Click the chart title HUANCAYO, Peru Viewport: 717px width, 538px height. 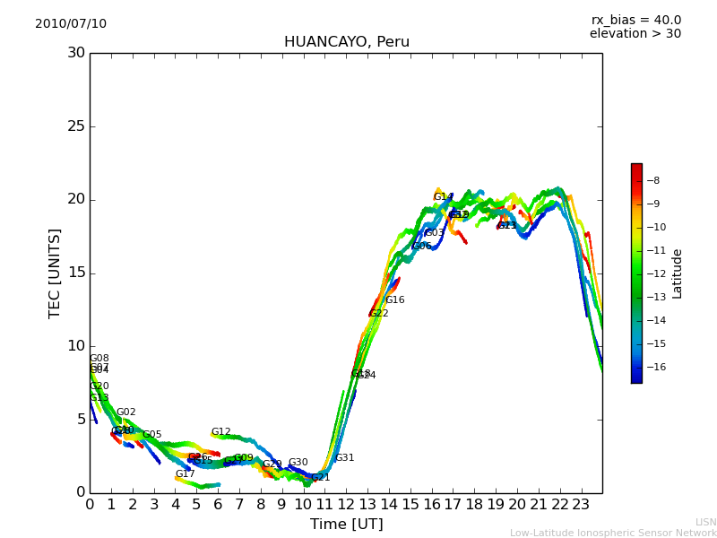346,42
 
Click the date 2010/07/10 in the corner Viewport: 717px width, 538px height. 71,23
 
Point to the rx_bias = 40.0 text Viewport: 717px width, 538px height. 635,20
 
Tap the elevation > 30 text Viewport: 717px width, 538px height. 635,34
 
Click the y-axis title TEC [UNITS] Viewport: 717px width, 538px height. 55,273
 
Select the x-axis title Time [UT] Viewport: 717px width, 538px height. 346,524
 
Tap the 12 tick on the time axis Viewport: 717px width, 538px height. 346,504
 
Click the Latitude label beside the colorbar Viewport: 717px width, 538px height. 678,273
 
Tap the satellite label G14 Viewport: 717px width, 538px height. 443,197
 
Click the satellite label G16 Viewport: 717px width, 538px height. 395,300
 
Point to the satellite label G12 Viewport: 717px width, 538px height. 220,432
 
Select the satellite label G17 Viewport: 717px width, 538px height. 185,474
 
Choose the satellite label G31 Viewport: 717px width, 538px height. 345,458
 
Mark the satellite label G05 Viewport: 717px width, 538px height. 152,435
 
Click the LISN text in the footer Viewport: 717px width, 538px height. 705,522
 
